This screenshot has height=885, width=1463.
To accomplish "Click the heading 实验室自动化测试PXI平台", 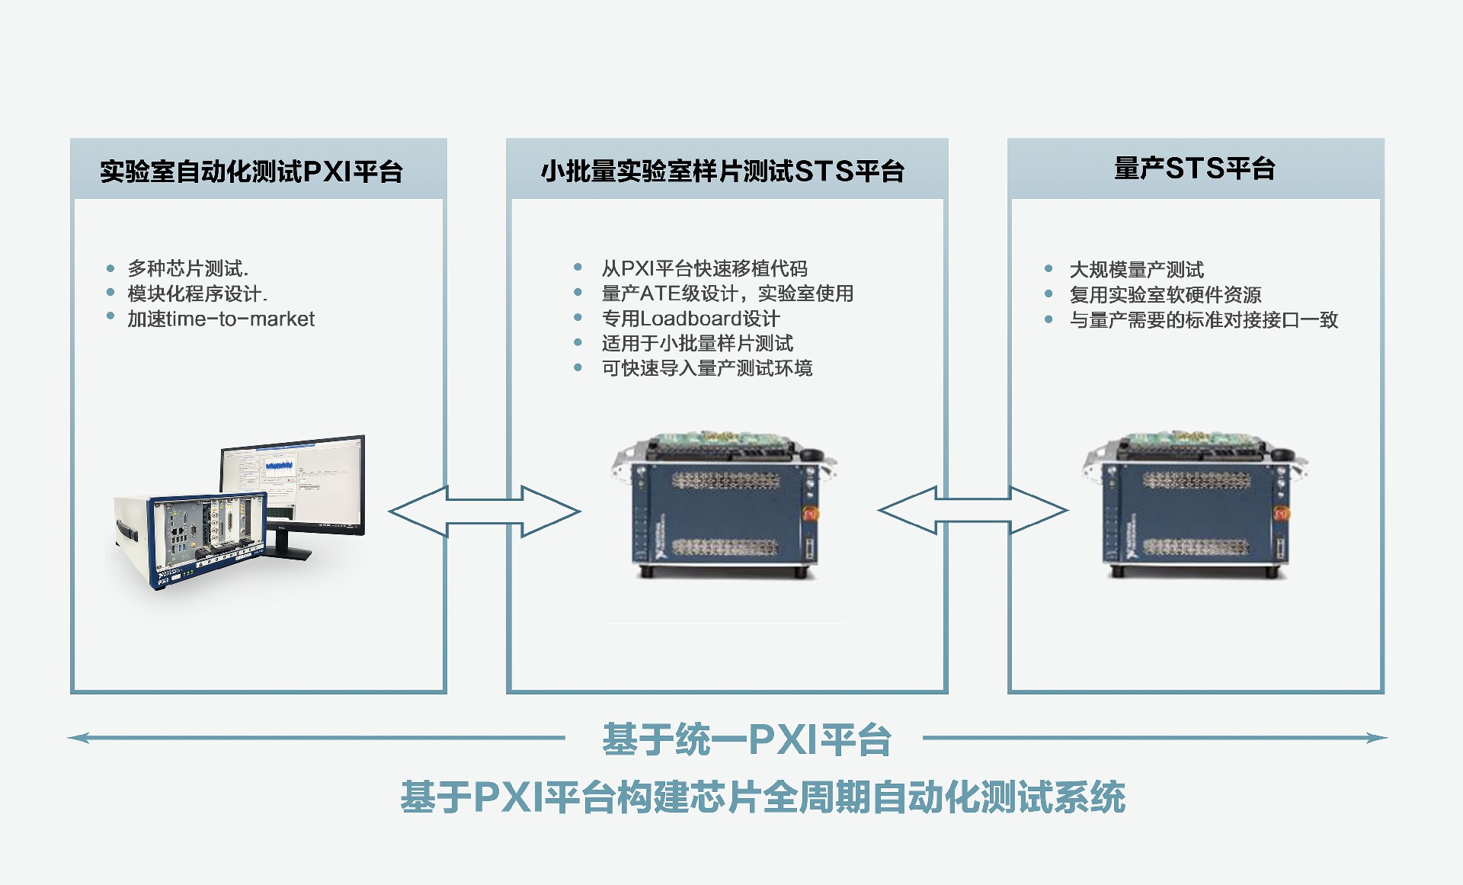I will (x=251, y=172).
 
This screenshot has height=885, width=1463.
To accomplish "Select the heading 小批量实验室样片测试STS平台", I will (x=722, y=172).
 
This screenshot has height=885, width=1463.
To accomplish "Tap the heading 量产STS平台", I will (x=1195, y=168).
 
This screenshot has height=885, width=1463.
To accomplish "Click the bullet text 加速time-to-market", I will (x=221, y=319).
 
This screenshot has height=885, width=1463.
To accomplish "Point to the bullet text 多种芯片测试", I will (x=187, y=268).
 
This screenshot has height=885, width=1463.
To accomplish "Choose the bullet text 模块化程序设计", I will (x=197, y=293).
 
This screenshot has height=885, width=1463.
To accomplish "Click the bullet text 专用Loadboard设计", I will (x=690, y=319).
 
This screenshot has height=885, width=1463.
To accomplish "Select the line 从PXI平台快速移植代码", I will (x=704, y=268).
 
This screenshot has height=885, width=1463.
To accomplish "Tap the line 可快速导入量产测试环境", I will (x=707, y=368).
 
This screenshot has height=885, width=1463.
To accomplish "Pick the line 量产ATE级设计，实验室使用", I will (x=727, y=293).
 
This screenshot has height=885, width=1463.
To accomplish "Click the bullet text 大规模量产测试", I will (x=1136, y=270).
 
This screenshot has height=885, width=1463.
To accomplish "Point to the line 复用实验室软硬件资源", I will (x=1165, y=295).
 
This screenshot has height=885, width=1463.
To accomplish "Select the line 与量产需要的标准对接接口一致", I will (x=1203, y=320).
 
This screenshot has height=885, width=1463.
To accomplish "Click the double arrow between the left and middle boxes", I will (x=485, y=511).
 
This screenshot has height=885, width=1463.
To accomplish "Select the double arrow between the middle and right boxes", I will (x=973, y=510).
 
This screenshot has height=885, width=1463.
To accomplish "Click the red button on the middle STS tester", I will (x=810, y=514).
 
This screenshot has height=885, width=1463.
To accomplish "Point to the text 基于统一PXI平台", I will (x=746, y=739).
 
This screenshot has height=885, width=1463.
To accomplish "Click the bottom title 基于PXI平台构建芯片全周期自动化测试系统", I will (x=762, y=797).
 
